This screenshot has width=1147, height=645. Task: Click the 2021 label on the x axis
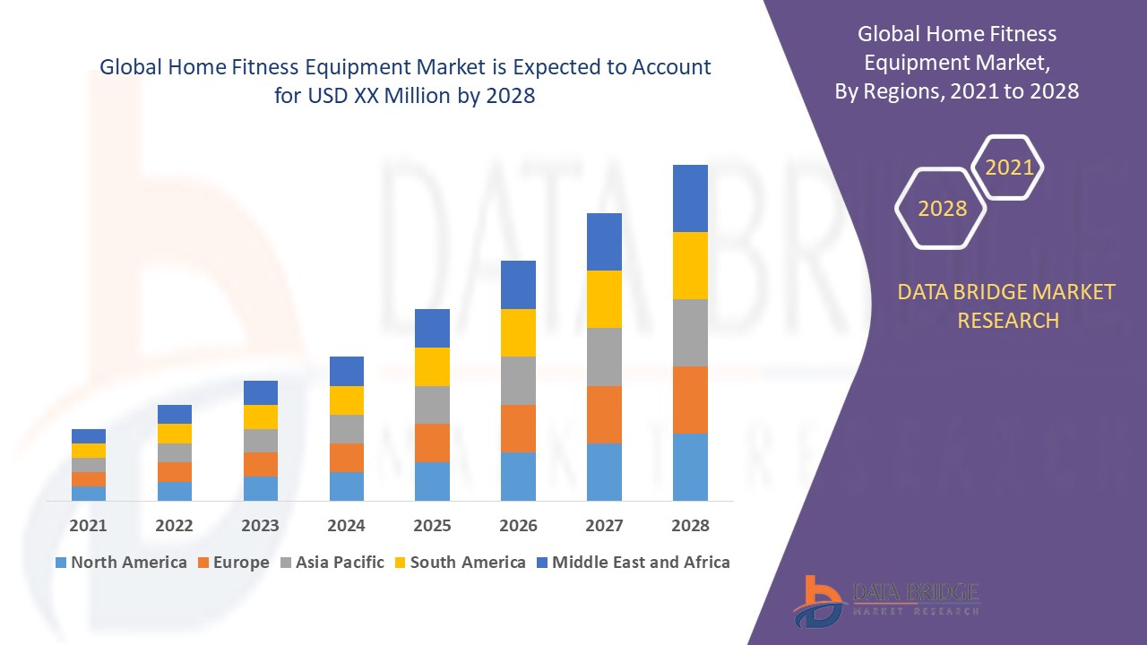[x=88, y=526]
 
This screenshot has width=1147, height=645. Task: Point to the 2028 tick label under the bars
[x=690, y=526]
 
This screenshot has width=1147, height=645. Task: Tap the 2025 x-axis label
[x=432, y=526]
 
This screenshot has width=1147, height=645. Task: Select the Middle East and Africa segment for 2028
[x=690, y=198]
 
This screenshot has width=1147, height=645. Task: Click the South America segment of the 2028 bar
[x=690, y=265]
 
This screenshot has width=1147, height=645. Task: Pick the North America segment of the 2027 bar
[x=604, y=471]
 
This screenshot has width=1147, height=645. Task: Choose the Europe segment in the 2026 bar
[x=518, y=428]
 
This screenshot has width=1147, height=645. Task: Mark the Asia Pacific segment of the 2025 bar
[x=432, y=405]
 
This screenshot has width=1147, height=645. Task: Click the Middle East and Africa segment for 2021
[x=88, y=436]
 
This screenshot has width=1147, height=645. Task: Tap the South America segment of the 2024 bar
[x=346, y=400]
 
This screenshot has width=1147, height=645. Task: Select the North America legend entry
[x=121, y=563]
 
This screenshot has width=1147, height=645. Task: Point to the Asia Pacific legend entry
[x=332, y=563]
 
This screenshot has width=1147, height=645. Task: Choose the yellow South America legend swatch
[x=399, y=563]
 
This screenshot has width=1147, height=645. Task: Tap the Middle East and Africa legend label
[x=640, y=563]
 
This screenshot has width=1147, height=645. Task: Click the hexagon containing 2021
[x=1008, y=168]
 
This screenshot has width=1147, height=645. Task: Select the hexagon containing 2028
[x=941, y=208]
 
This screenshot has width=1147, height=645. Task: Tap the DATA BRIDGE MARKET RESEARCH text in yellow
[x=1007, y=305]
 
